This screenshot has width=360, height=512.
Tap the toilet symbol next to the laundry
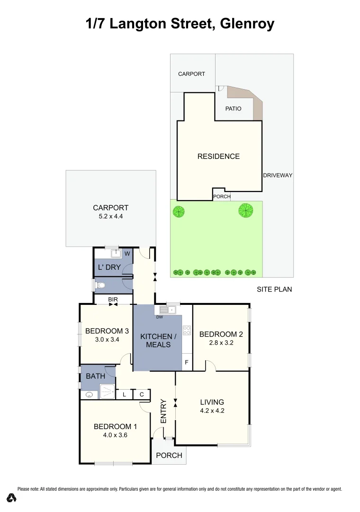coord(101,285)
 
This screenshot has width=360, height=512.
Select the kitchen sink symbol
coord(168,310)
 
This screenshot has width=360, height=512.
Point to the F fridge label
coord(187,363)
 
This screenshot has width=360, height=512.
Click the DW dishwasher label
coord(160,317)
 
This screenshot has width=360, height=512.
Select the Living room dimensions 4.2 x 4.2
coord(212,411)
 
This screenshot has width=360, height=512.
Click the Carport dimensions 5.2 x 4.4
coord(110,216)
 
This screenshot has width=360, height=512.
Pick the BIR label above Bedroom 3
coord(113,299)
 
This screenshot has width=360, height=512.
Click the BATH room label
coord(96,376)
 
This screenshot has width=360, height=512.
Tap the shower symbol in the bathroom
coord(107,392)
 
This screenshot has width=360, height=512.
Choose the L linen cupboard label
coord(124,394)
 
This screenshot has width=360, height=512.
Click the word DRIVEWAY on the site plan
coord(278,175)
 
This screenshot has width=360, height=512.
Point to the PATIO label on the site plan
coord(233,109)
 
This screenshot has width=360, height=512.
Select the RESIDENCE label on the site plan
coord(218,156)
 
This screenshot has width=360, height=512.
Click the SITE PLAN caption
coord(274,289)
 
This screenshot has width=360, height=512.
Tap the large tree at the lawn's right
coord(245,209)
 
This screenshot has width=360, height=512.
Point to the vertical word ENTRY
coord(164,412)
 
